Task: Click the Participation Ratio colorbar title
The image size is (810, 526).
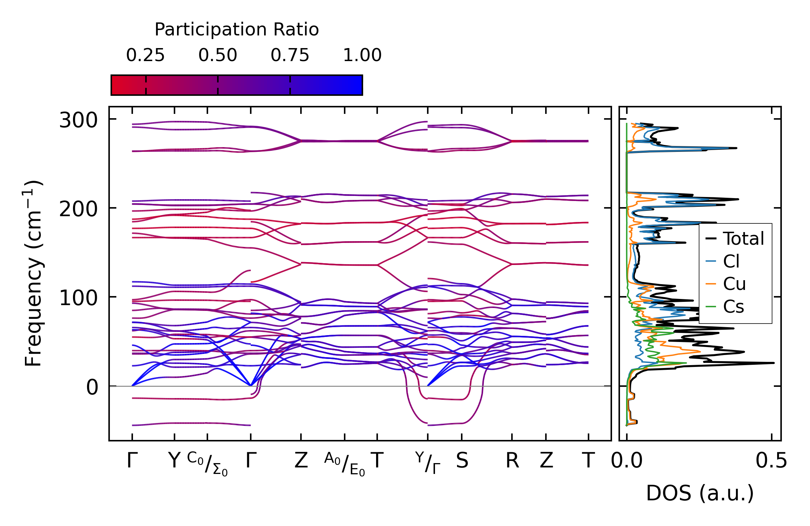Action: click(237, 30)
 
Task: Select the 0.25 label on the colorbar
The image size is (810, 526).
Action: click(145, 55)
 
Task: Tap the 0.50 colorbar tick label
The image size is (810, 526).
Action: click(217, 55)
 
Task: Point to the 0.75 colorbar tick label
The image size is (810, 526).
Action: click(290, 55)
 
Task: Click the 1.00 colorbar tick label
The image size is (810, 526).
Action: click(362, 55)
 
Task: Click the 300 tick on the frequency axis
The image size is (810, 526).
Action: click(78, 120)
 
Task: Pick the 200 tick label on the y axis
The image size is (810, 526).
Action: click(78, 209)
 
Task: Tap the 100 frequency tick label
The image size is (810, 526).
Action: click(78, 298)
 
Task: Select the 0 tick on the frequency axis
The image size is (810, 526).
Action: click(92, 387)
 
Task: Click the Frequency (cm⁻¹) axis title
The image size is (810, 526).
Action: click(33, 274)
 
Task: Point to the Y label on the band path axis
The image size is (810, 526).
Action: click(174, 461)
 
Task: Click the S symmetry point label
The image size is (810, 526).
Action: click(462, 461)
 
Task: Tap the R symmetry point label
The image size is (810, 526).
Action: click(512, 461)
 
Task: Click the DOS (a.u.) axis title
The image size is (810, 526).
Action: click(700, 493)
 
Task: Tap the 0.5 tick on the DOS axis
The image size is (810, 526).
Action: click(771, 461)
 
